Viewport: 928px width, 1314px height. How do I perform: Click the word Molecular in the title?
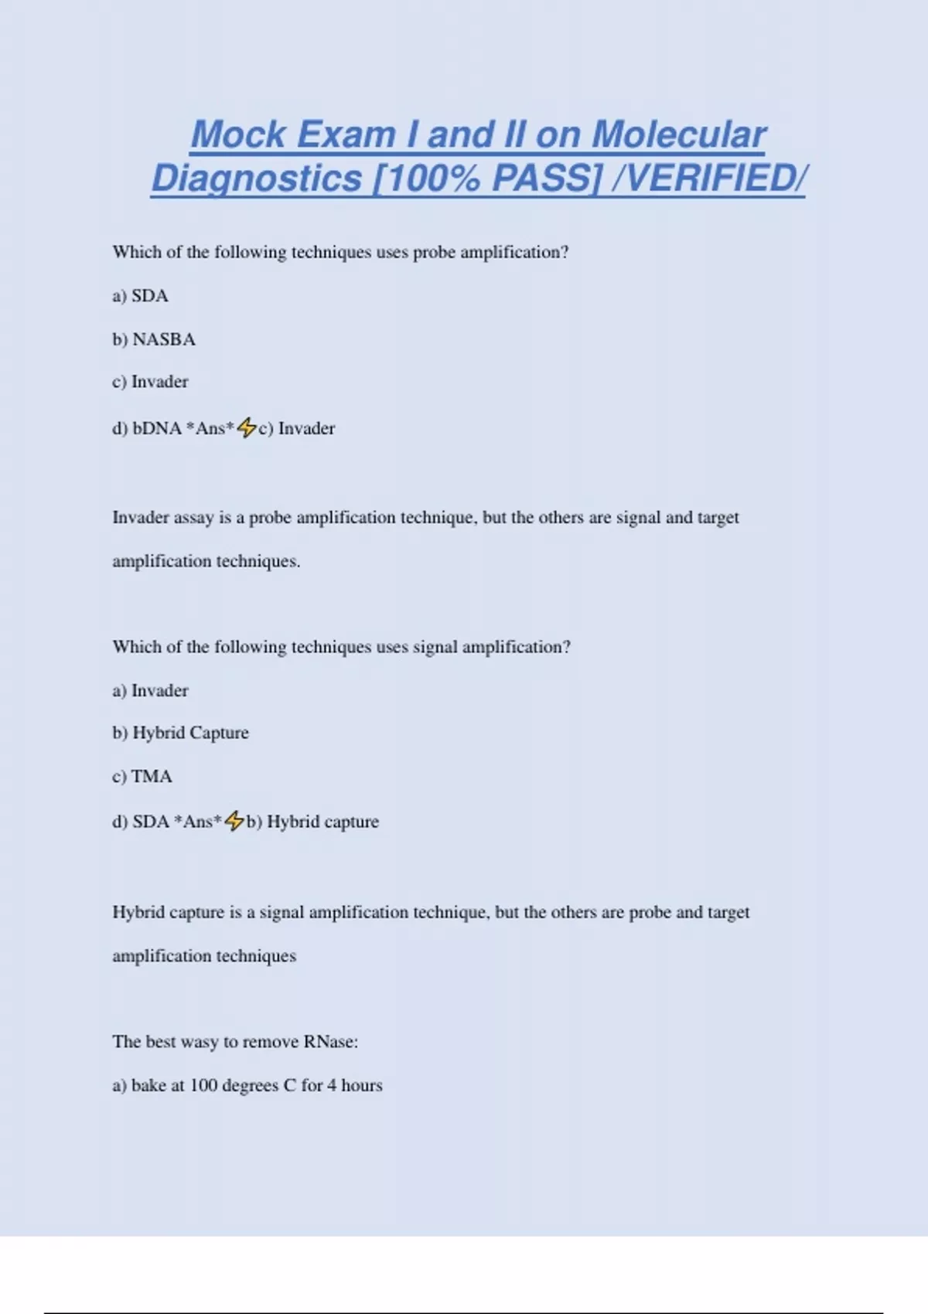[678, 134]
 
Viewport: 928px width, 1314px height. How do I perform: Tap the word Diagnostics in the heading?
[256, 179]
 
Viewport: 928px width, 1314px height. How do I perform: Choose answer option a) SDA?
[140, 296]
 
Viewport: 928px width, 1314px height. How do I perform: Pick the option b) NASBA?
[154, 339]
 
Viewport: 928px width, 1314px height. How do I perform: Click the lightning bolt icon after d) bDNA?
[247, 427]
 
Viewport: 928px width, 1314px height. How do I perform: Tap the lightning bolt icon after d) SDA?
[234, 821]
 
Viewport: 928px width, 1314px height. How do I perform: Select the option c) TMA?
[142, 776]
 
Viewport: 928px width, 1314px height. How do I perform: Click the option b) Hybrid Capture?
[180, 733]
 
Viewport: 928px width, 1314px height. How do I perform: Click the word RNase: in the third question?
[331, 1042]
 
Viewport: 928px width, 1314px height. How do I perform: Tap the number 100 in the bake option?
[203, 1085]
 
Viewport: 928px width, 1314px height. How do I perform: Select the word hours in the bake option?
[362, 1085]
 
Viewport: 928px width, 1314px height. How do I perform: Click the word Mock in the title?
[238, 134]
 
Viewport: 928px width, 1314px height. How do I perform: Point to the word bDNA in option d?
[157, 428]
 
